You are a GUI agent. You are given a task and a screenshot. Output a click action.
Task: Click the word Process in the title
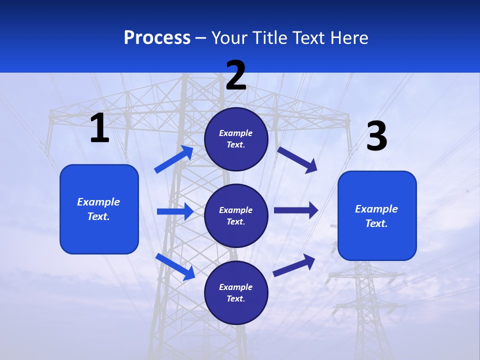click(x=157, y=38)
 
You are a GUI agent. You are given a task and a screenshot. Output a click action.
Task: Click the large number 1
click(x=99, y=128)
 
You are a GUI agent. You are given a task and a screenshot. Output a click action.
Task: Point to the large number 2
click(x=236, y=75)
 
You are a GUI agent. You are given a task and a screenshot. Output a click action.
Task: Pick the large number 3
click(x=376, y=136)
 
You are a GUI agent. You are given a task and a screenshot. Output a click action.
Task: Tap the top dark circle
click(x=236, y=139)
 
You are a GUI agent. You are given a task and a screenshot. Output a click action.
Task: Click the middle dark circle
click(x=236, y=215)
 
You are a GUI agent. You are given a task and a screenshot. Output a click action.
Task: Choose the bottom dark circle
click(x=236, y=292)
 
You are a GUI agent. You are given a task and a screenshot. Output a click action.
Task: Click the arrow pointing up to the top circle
click(x=173, y=159)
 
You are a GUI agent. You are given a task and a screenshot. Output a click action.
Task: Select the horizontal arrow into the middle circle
click(x=175, y=211)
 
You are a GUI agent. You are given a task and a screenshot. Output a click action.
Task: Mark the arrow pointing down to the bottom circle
click(x=175, y=266)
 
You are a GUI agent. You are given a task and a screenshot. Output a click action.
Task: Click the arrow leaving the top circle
click(x=297, y=159)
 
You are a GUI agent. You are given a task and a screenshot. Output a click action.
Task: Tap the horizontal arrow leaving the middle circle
click(x=296, y=210)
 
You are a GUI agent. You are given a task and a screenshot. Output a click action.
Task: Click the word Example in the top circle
click(x=236, y=133)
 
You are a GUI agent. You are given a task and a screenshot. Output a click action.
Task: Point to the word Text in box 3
click(x=376, y=223)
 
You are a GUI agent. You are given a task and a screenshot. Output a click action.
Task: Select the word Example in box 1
click(x=98, y=202)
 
